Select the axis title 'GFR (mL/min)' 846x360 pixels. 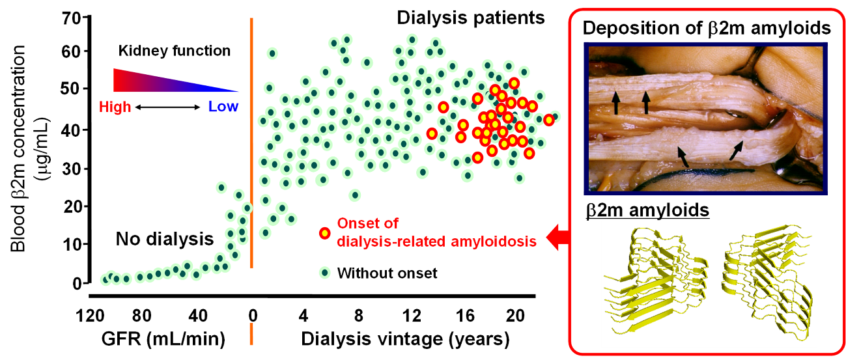(163, 339)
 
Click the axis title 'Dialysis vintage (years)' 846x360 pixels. (404, 339)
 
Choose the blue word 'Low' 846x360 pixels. (223, 107)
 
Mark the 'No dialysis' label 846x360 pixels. (165, 239)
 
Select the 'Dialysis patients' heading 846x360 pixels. (470, 18)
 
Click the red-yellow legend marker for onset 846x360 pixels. (324, 232)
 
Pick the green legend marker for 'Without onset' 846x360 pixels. (324, 272)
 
